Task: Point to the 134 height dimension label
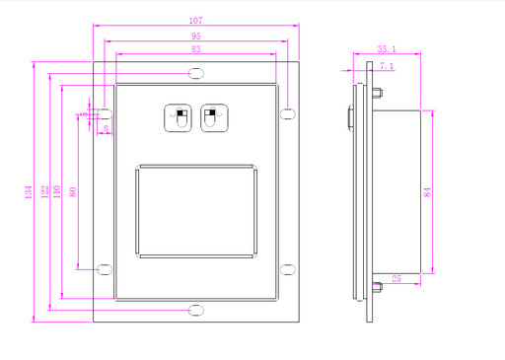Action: click(30, 189)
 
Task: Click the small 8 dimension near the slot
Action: click(106, 128)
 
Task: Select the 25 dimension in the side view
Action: click(396, 280)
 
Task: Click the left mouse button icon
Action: click(180, 118)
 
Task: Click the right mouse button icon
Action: click(215, 118)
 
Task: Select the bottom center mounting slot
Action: click(197, 310)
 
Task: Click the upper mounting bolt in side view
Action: click(376, 94)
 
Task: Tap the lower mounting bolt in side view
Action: click(376, 288)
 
